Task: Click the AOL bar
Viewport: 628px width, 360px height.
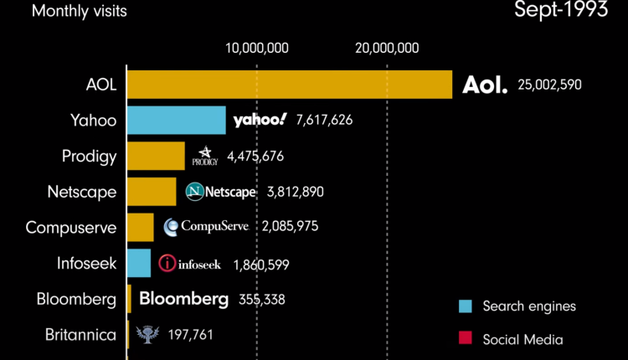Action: [289, 85]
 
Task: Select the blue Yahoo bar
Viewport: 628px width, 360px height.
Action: [177, 120]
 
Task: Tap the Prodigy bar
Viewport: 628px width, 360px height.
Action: [156, 156]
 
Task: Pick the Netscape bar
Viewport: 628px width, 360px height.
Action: [152, 191]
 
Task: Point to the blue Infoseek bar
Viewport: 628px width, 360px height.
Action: [139, 263]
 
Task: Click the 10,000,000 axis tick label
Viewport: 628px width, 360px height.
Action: [257, 48]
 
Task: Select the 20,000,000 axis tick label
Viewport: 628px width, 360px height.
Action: [386, 48]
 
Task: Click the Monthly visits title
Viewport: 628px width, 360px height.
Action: [74, 11]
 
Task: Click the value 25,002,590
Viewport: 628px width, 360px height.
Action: [549, 85]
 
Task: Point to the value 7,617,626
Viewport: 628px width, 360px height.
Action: [324, 120]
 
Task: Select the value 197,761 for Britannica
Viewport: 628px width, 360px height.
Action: [190, 335]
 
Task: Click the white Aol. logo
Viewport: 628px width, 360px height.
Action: [485, 85]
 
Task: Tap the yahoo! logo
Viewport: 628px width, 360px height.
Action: [260, 120]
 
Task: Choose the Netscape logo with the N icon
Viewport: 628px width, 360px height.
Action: [220, 192]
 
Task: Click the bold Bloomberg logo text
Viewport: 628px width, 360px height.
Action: [183, 299]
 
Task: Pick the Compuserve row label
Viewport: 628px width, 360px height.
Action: [71, 227]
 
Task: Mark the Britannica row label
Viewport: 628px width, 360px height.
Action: [81, 335]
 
